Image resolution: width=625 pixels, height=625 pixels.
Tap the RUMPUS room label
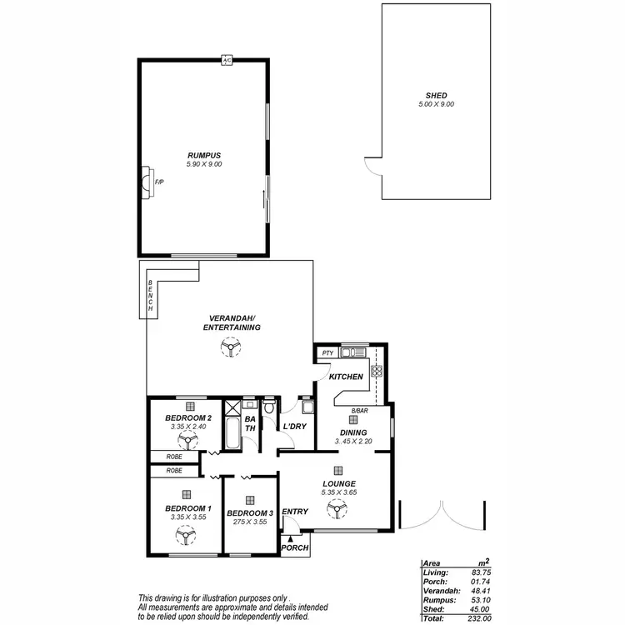203,155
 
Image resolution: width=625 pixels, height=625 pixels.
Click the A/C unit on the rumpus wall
226,60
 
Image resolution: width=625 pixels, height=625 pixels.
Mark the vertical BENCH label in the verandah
151,297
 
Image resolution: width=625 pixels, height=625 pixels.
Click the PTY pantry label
327,354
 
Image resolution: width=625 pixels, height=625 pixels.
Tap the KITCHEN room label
346,377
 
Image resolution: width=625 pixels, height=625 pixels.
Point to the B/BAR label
359,411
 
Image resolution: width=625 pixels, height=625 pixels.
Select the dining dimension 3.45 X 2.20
352,441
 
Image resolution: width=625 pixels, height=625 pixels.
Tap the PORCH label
294,547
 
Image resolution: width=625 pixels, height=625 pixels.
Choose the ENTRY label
295,512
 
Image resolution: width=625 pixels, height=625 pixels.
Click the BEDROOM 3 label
250,512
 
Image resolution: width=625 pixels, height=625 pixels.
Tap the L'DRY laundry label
296,427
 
